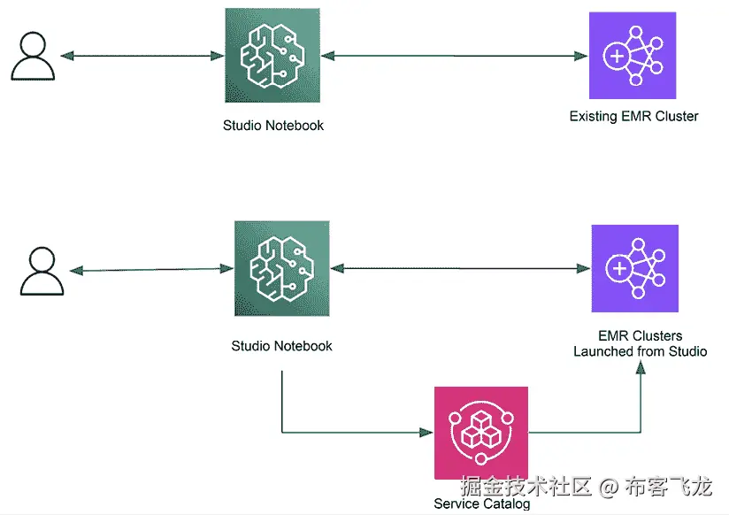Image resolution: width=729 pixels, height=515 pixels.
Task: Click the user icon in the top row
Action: pos(33,56)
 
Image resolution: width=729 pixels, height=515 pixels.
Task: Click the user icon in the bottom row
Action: pos(42,271)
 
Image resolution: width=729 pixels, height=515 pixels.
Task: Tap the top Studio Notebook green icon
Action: pos(272,55)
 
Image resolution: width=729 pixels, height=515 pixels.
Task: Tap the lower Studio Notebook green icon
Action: pos(281,268)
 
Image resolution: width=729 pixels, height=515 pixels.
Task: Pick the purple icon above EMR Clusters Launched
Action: pos(634,268)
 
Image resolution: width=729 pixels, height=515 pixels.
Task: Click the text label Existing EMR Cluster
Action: pos(633,116)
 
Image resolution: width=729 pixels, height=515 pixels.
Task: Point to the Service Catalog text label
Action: pos(481,504)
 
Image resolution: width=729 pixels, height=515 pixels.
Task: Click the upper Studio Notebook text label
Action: pos(272,126)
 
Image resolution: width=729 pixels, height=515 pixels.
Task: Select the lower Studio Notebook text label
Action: pos(281,346)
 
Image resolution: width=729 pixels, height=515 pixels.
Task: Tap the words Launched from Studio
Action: pos(640,351)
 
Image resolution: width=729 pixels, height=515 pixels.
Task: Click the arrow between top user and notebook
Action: pos(142,56)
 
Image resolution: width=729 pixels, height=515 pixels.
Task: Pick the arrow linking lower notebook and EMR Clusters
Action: pos(461,267)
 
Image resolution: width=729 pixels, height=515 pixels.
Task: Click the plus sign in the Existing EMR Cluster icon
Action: pos(614,55)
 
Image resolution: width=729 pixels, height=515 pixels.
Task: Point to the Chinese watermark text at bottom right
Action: pos(585,486)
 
